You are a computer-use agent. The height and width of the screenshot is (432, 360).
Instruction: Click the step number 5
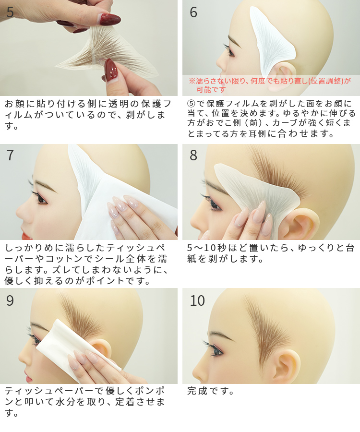(x=10, y=12)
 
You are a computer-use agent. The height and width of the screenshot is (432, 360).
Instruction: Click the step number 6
(x=193, y=12)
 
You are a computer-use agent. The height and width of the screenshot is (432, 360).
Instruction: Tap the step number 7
(x=10, y=156)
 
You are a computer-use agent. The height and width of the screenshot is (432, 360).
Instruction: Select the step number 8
(x=193, y=156)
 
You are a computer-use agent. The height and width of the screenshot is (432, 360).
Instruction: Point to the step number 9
(x=10, y=301)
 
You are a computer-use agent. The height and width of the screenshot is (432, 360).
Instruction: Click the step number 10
(x=197, y=301)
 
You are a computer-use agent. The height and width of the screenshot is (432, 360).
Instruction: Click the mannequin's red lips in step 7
(x=27, y=236)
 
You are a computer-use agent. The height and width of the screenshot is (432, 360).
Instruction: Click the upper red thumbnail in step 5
(x=110, y=19)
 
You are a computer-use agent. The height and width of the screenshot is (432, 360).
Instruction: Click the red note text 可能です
(x=211, y=90)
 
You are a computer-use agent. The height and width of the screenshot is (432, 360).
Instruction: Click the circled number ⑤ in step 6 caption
(x=191, y=104)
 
